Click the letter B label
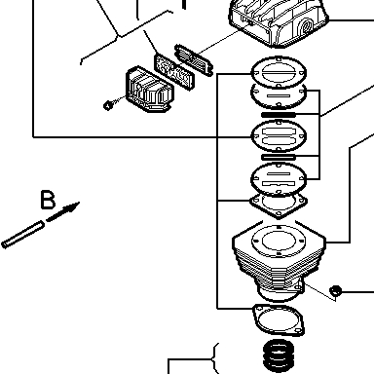click(48, 200)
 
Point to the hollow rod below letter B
click(22, 235)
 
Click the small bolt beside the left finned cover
click(108, 105)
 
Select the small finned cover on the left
click(150, 90)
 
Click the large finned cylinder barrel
click(279, 260)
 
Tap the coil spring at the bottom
click(279, 355)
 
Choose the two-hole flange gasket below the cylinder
click(279, 319)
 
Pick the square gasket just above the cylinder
click(279, 203)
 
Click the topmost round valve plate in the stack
click(279, 72)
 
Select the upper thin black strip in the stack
click(279, 114)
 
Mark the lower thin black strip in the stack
click(279, 158)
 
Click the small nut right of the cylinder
click(335, 290)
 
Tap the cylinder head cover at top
click(279, 22)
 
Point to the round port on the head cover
click(306, 25)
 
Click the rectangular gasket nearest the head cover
click(194, 60)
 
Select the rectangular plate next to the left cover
click(174, 72)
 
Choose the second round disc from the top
click(279, 95)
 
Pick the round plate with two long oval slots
click(279, 135)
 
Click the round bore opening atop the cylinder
click(279, 241)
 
